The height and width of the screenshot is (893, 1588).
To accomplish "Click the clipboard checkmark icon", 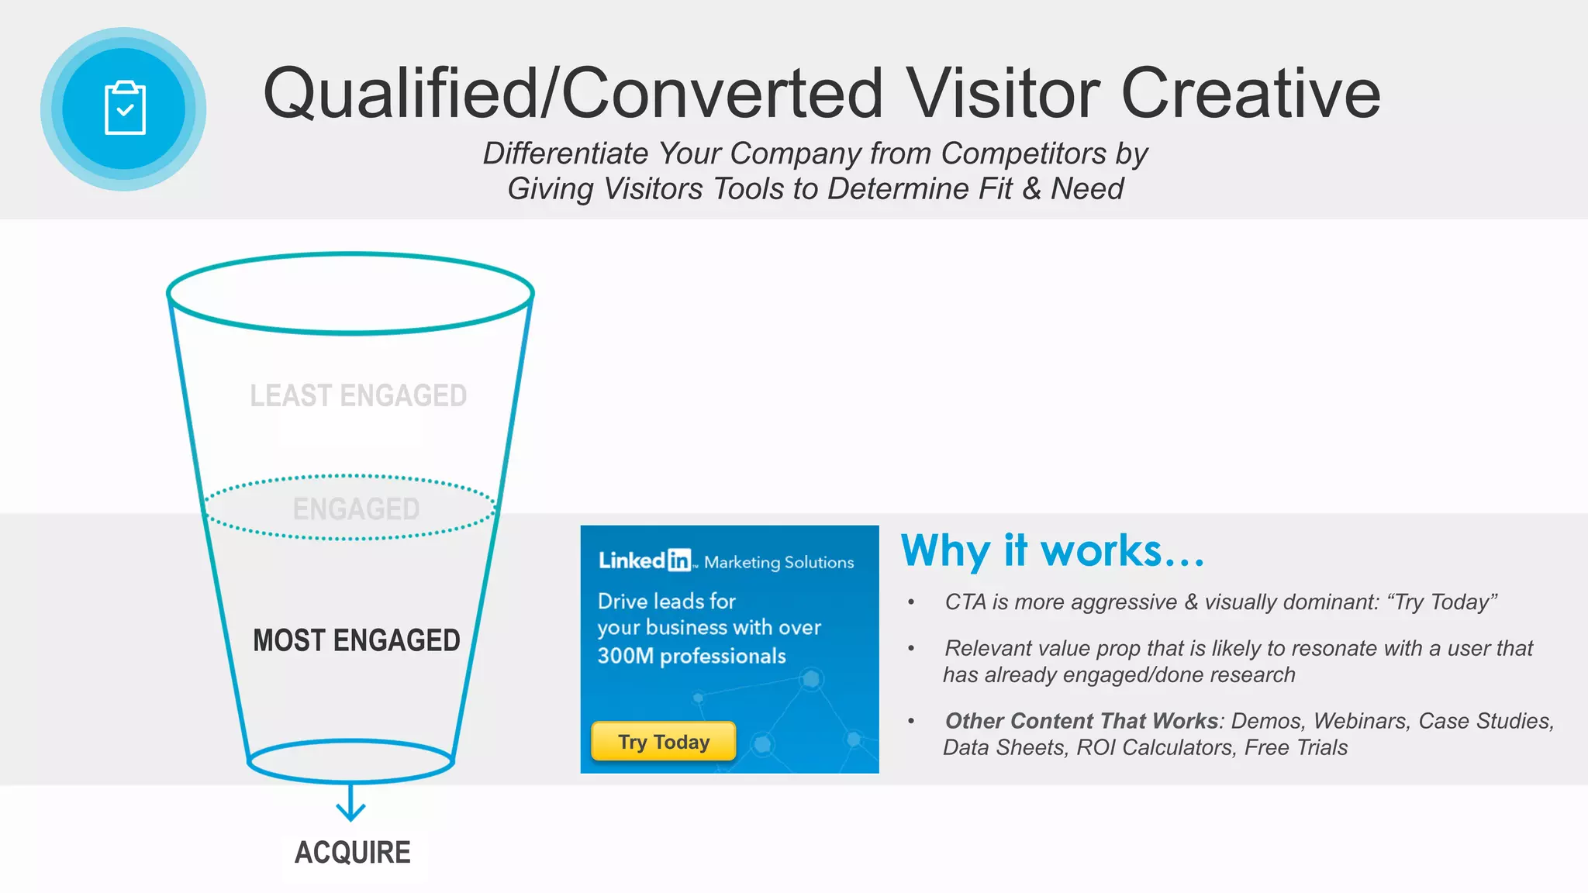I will point(125,109).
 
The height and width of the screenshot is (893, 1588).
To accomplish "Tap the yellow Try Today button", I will point(664,742).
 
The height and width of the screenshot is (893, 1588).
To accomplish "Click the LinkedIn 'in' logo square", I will point(679,560).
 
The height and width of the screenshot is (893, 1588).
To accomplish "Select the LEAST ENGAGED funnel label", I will point(358,396).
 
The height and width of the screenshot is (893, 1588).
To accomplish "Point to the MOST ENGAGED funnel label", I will point(357,640).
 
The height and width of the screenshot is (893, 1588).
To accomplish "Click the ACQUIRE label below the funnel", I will point(353,853).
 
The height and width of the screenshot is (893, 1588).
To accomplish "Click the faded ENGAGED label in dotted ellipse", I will point(356,509).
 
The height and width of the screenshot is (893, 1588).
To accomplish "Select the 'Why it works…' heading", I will point(1052,551).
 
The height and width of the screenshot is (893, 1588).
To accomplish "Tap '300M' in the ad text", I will point(626,656).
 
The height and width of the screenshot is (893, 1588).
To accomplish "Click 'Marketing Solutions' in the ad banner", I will point(778,562).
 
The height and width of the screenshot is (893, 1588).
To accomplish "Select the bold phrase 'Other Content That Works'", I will point(1082,721).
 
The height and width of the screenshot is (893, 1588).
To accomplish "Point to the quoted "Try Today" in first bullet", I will point(1441,602).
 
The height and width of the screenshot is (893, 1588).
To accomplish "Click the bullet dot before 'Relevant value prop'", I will point(911,649).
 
